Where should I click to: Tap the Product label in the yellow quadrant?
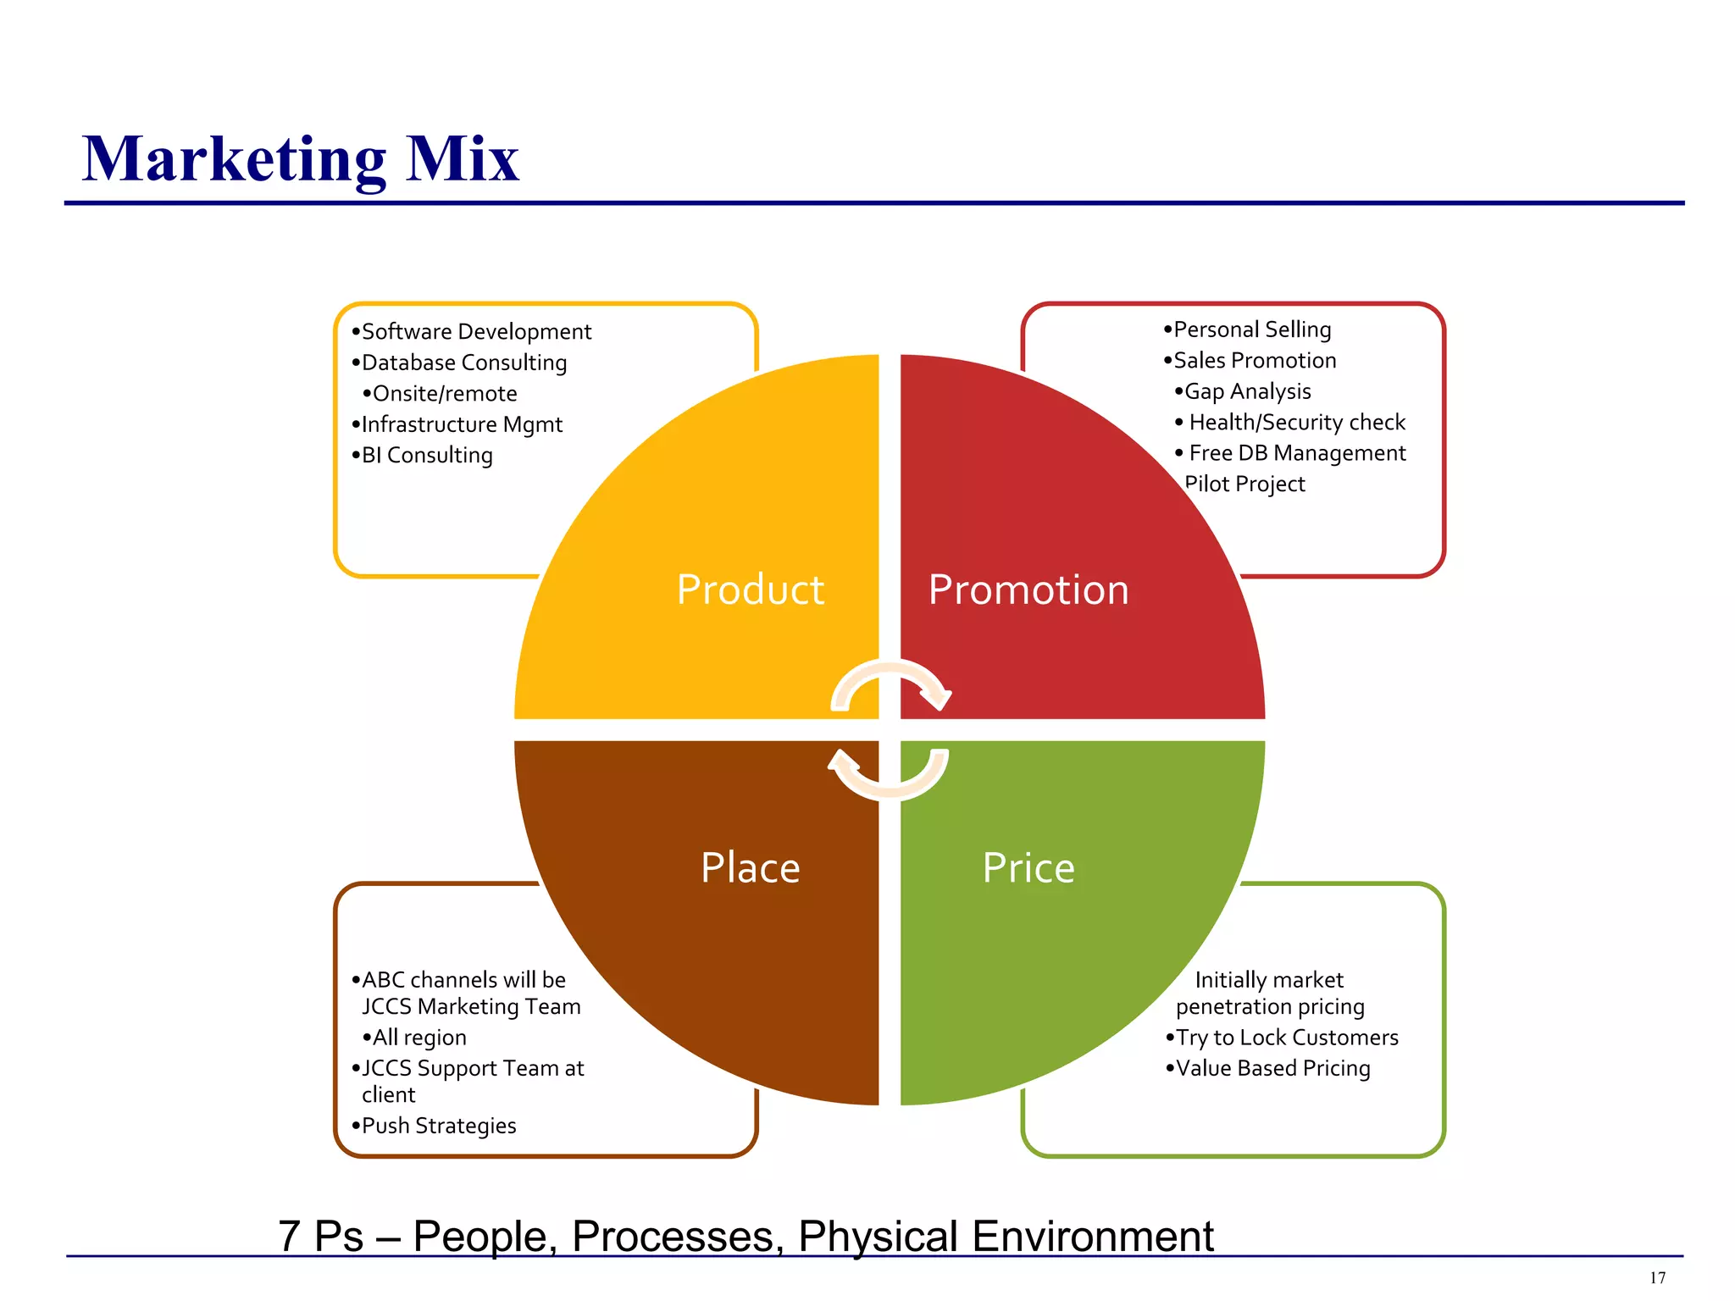[x=750, y=590]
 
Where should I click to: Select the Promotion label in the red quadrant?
[x=1028, y=590]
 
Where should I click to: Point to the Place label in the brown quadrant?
[x=750, y=868]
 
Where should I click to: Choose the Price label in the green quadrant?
[x=1028, y=868]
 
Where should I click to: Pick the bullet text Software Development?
[x=475, y=331]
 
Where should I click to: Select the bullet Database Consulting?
[x=463, y=363]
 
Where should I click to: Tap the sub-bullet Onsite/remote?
[x=444, y=394]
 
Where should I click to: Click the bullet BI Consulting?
[x=426, y=456]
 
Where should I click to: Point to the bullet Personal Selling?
[x=1251, y=329]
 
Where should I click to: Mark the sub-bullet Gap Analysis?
[x=1246, y=391]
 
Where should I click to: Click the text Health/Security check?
[x=1296, y=422]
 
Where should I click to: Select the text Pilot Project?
[x=1244, y=484]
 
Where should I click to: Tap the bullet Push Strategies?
[x=438, y=1126]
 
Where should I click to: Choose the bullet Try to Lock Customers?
[x=1286, y=1038]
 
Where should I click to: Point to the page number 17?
[x=1657, y=1278]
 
